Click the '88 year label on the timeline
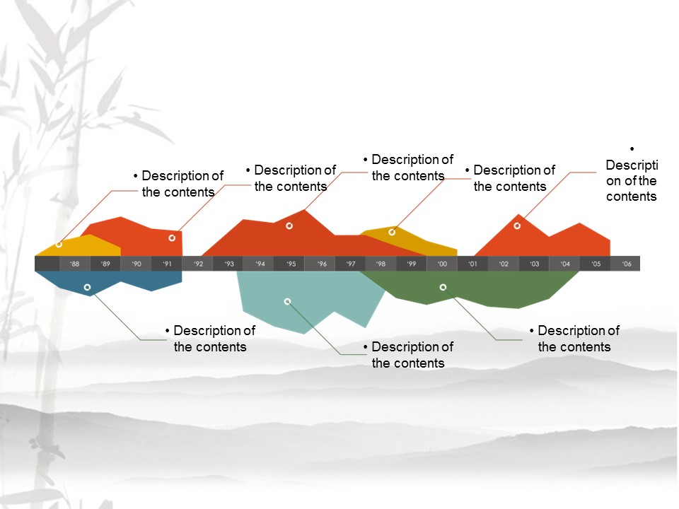coord(74,264)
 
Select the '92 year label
coord(198,264)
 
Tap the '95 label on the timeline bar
coord(291,264)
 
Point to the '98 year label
coord(381,264)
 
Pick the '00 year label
coord(442,264)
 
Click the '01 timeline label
coord(472,264)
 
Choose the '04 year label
coord(565,264)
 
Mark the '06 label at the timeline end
coord(627,264)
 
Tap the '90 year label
coord(137,264)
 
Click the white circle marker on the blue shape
coord(87,288)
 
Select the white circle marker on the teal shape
coord(287,302)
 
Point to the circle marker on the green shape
coord(443,287)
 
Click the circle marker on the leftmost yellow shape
coord(59,244)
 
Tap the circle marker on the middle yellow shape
coord(392,232)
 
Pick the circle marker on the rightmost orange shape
coord(517,226)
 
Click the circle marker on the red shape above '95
coord(289,226)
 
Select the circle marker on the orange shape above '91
coord(172,238)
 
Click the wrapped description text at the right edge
coord(632,180)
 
